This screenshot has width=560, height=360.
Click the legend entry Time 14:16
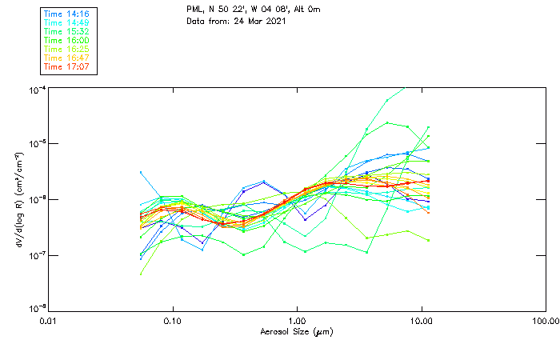pyautogui.click(x=67, y=14)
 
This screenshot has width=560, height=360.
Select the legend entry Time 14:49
pyautogui.click(x=67, y=22)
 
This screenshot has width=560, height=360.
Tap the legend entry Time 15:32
pyautogui.click(x=67, y=31)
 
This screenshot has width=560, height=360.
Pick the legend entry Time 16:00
pyautogui.click(x=67, y=40)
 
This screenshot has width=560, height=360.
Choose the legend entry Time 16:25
pyautogui.click(x=67, y=49)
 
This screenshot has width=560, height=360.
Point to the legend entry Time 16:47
pyautogui.click(x=67, y=58)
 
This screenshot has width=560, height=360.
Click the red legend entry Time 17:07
pyautogui.click(x=67, y=66)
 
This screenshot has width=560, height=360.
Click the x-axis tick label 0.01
pyautogui.click(x=49, y=321)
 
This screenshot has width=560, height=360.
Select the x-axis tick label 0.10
pyautogui.click(x=173, y=321)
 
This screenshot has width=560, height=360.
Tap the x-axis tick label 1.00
pyautogui.click(x=298, y=321)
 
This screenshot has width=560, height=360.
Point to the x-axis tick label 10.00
pyautogui.click(x=422, y=321)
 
